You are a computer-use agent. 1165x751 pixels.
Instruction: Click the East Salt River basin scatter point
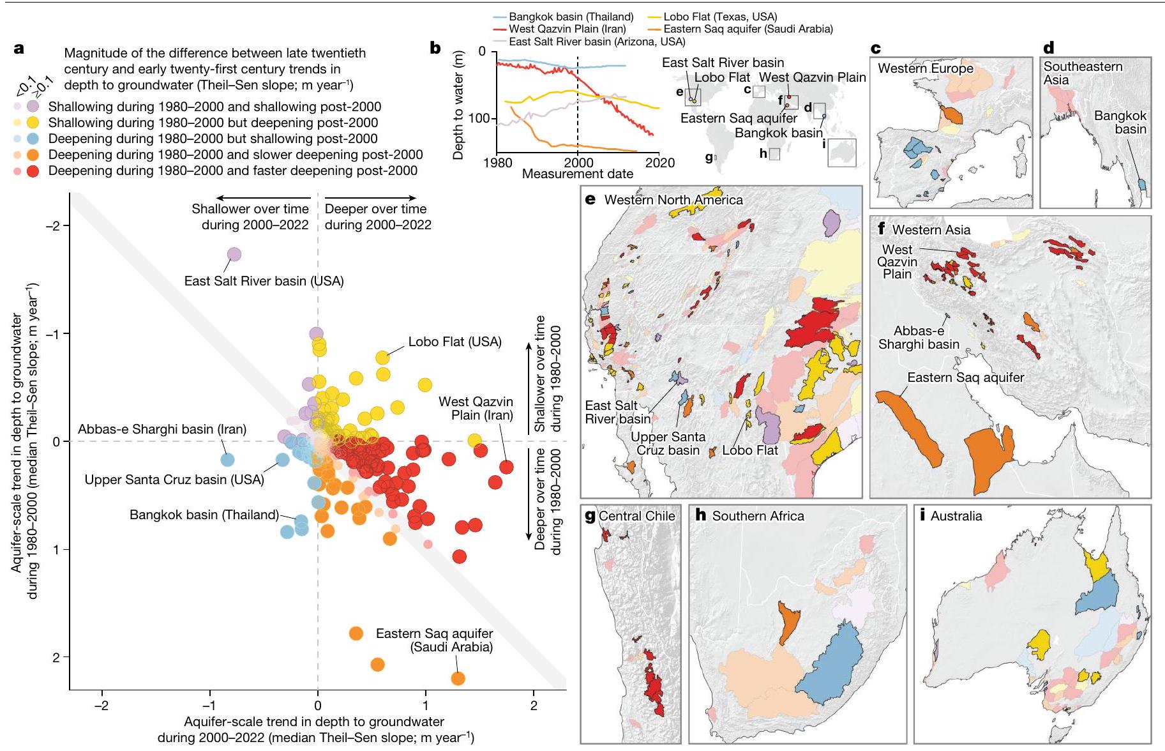(234, 254)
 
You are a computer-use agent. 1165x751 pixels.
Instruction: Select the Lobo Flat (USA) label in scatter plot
(455, 342)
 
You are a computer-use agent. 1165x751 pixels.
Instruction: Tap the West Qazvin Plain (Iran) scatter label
(476, 408)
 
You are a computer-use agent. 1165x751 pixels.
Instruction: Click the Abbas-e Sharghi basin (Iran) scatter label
(162, 429)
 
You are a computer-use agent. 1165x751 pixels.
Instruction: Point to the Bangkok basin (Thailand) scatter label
(204, 515)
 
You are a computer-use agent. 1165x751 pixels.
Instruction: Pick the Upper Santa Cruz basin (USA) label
(174, 480)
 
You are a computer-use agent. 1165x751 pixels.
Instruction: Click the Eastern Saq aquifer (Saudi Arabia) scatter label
(435, 640)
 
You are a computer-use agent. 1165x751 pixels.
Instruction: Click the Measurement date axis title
(578, 174)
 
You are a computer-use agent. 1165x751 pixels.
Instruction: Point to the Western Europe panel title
(926, 68)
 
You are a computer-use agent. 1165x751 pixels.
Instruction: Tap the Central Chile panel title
(637, 516)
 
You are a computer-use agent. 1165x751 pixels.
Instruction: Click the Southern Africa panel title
(758, 516)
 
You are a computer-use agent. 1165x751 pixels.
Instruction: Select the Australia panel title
(956, 516)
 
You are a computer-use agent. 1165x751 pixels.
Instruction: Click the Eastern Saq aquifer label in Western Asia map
(966, 377)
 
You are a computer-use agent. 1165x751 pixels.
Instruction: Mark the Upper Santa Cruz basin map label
(668, 444)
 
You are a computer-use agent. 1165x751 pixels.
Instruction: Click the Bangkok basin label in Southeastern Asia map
(1121, 123)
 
